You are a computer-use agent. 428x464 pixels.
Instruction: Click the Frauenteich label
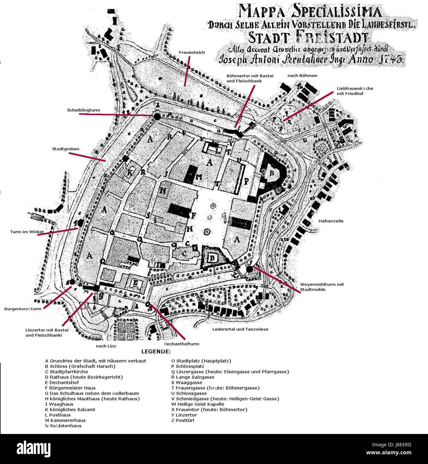pos(192,53)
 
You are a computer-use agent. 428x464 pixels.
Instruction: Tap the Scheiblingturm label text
pos(83,110)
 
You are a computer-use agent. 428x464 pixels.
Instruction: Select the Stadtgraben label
pos(65,149)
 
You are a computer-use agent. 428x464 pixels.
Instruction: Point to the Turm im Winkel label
pos(27,232)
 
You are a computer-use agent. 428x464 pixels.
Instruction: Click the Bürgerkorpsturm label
pos(23,309)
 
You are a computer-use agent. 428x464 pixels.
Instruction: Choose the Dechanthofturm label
pos(181,344)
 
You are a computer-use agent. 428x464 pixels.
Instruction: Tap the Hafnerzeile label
pos(331,221)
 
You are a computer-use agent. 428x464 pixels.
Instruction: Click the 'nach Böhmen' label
pos(302,76)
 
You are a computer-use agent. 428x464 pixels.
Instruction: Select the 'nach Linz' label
pos(106,346)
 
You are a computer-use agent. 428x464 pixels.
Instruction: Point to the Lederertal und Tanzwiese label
pos(240,329)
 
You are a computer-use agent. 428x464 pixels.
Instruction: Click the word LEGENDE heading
pos(156,352)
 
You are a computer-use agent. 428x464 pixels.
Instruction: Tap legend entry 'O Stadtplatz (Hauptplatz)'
pos(201,361)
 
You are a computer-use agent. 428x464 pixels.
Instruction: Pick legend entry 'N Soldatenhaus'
pos(63,426)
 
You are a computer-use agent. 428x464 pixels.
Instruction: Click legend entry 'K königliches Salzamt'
pos(70,410)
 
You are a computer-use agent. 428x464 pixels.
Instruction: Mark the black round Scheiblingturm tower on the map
pos(157,116)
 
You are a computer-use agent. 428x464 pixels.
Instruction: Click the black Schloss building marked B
pos(273,173)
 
